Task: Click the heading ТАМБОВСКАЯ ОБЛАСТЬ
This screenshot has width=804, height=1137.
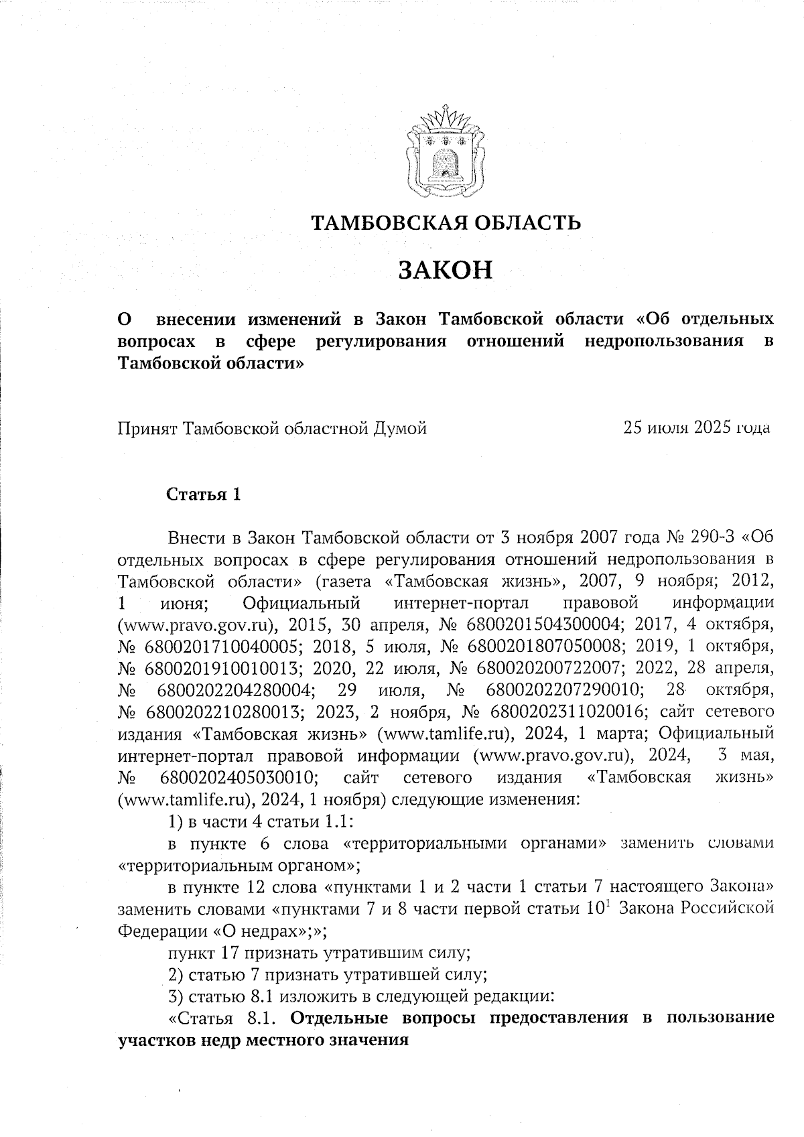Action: tap(445, 222)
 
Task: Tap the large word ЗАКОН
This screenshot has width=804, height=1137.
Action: tap(445, 270)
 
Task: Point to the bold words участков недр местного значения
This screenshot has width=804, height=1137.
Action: tap(263, 1041)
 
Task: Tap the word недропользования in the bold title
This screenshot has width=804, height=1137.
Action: tap(664, 341)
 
